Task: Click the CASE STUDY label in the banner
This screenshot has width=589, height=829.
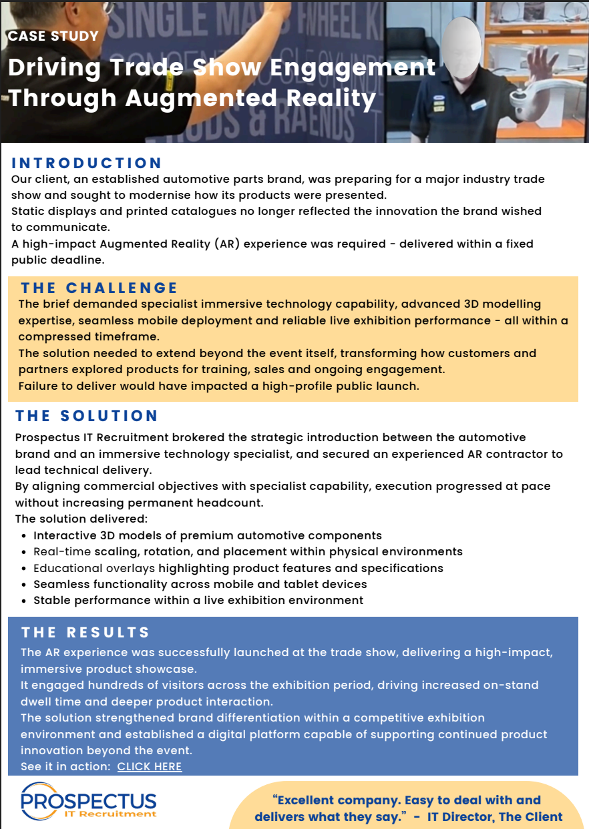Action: click(53, 36)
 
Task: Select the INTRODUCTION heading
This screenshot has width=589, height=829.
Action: click(87, 163)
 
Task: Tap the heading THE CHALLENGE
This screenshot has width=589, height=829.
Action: click(99, 288)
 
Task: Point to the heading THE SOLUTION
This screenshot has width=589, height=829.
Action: click(87, 416)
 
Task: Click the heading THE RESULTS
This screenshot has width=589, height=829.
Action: click(85, 632)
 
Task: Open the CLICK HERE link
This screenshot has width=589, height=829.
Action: click(150, 766)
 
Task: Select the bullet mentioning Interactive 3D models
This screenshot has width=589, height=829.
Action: click(208, 535)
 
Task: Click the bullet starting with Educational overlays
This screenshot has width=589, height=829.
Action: click(238, 568)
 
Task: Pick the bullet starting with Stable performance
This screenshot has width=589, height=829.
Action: click(198, 600)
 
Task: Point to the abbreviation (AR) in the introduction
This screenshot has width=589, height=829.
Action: click(228, 244)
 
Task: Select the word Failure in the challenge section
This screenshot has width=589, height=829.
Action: click(39, 386)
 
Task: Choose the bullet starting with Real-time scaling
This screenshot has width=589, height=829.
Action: click(248, 551)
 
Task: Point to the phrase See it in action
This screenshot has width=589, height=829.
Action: click(65, 766)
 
